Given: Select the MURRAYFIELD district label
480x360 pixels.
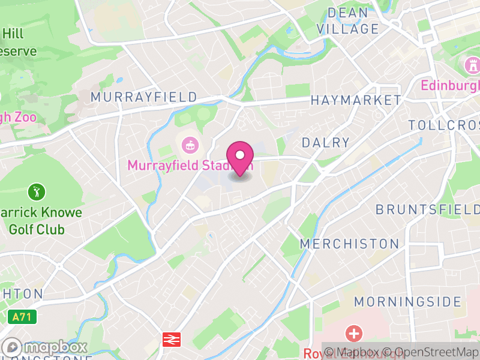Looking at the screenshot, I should coord(143,97).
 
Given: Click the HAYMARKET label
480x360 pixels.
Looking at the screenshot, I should coord(355,100).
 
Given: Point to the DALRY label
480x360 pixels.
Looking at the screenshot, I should coord(326,143).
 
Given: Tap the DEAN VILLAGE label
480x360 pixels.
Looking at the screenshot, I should coord(348,21).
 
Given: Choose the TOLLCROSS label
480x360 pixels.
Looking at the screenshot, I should coord(444,125).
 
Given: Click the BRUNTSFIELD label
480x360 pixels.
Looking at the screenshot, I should coord(427,209).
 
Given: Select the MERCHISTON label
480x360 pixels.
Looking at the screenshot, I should coord(349,244).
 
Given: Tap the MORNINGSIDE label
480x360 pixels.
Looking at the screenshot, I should coord(407,302).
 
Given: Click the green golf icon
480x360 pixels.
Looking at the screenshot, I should coord(37,193).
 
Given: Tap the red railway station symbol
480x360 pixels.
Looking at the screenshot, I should coord(172,340).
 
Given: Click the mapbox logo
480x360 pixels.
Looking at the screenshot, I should coord(46,347).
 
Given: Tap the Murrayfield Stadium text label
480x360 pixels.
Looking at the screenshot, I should coord(190,165).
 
